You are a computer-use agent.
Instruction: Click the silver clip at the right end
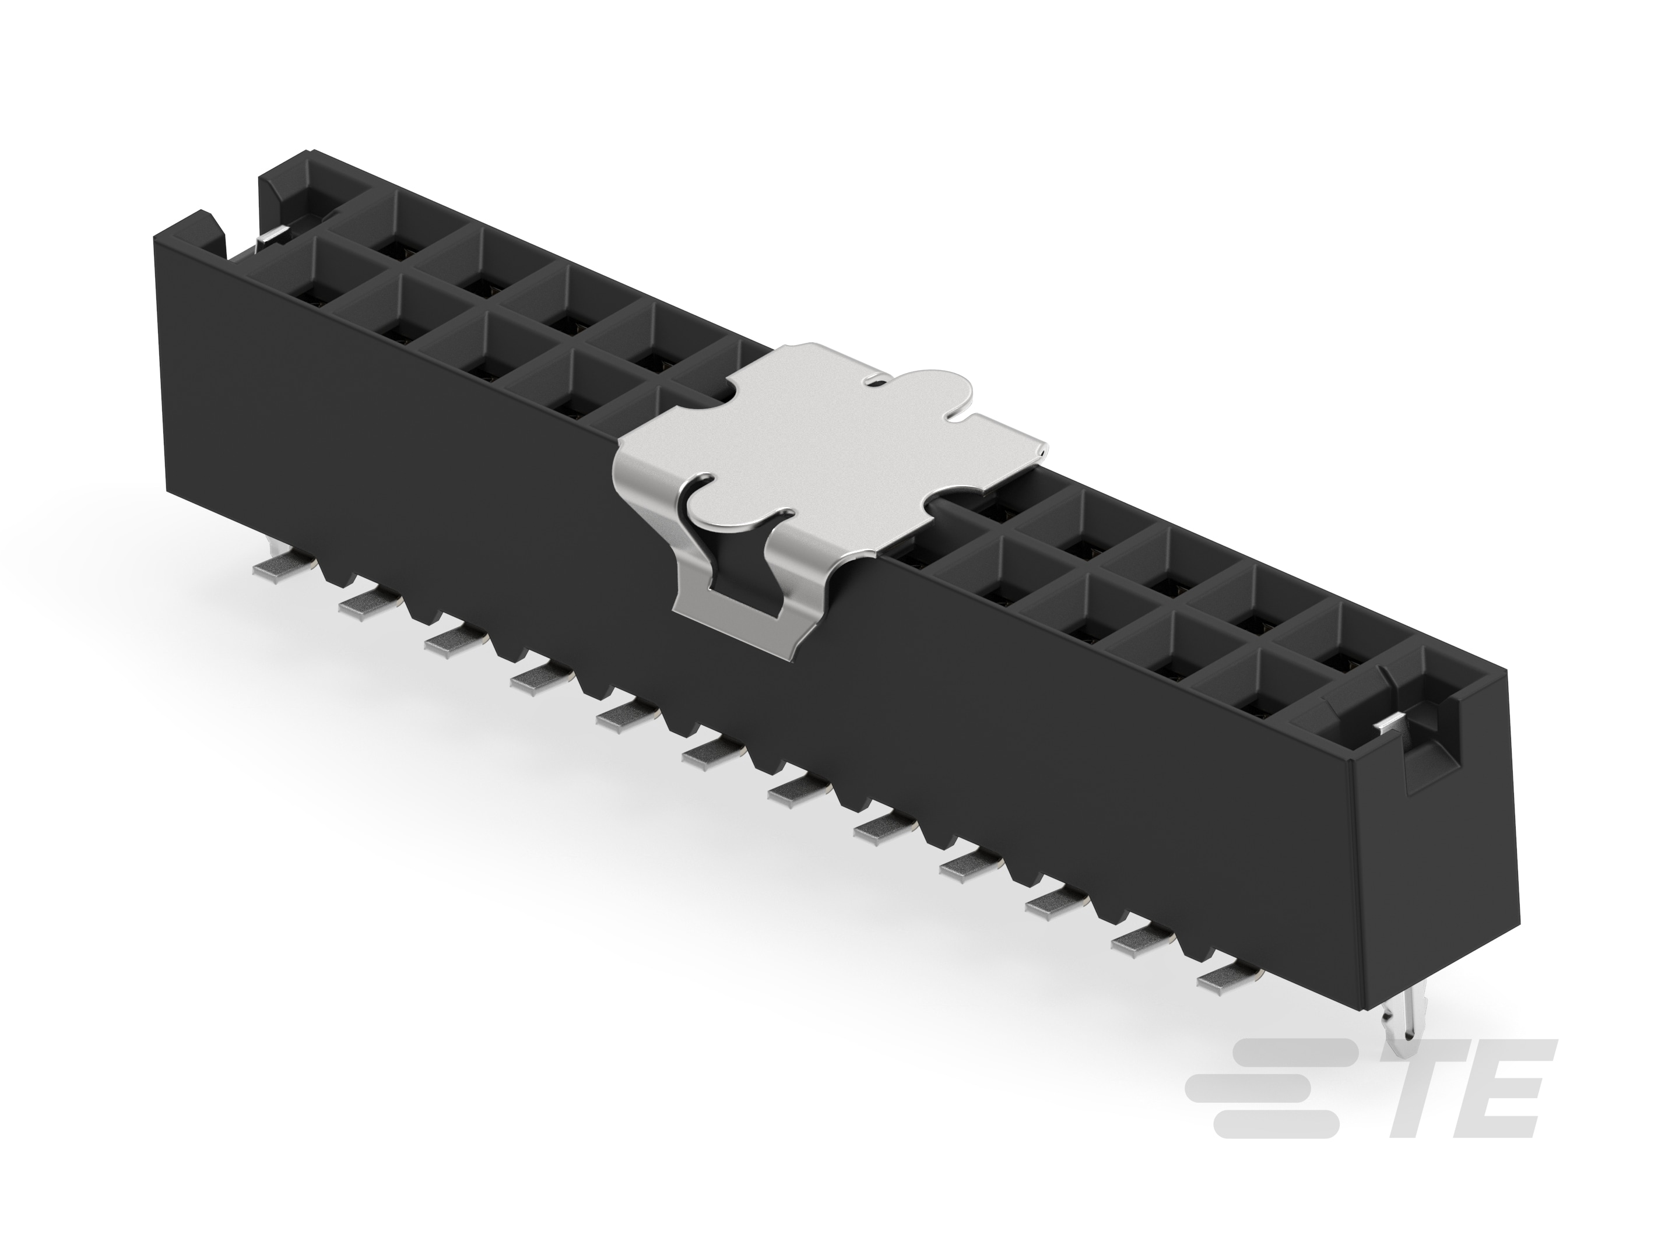coord(1393,725)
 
